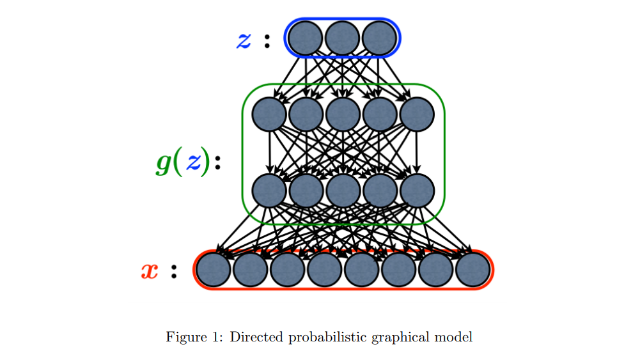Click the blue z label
(x=244, y=40)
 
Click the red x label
(x=149, y=271)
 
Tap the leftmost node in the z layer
(x=305, y=38)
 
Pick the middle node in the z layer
(x=342, y=38)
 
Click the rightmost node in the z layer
(x=379, y=38)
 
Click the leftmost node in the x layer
(x=213, y=270)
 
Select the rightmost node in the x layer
(x=473, y=270)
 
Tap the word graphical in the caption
(x=403, y=338)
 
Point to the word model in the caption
(x=457, y=338)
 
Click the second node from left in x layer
(x=250, y=270)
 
